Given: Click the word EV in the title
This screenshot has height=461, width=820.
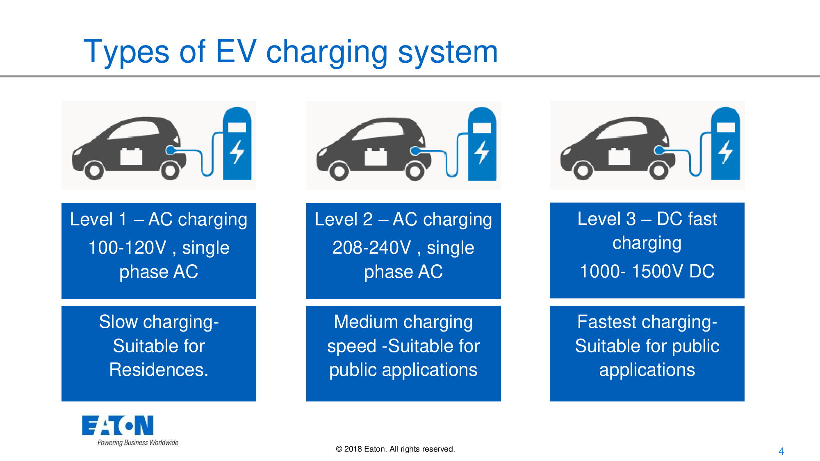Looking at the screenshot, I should click(x=236, y=52).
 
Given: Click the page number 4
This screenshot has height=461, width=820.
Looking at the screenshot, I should click(x=781, y=451).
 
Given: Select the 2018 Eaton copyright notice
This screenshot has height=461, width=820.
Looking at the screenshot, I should click(x=395, y=449).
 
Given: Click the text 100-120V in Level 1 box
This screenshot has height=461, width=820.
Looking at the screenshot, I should click(x=127, y=248).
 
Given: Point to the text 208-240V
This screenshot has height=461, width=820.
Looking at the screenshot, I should click(x=371, y=248).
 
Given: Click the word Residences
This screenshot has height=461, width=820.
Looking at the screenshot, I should click(x=158, y=370).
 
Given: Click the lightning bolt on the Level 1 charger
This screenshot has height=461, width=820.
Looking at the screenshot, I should click(x=237, y=152).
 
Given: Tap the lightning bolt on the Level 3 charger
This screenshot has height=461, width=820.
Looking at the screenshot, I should click(x=726, y=152).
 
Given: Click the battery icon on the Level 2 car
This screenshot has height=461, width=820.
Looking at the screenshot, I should click(x=376, y=157).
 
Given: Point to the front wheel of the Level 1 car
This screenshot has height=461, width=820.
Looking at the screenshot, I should click(x=94, y=170).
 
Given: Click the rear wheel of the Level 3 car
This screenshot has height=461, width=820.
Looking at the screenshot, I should click(x=658, y=170).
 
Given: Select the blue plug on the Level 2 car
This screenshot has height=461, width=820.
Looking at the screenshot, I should click(x=415, y=151).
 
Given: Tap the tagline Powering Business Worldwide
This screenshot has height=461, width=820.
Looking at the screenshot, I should click(x=138, y=443).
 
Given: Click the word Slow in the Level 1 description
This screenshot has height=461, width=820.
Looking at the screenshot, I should click(x=118, y=322).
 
